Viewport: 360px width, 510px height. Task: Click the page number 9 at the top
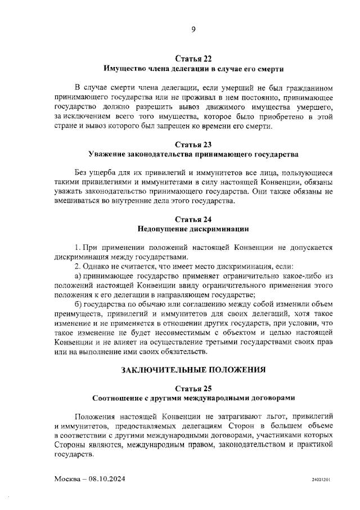pos(193,30)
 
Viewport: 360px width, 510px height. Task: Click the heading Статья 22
pos(193,59)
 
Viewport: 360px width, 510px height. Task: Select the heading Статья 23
pos(193,144)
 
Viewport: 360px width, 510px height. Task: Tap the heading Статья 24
pos(193,220)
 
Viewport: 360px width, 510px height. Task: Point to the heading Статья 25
pos(193,388)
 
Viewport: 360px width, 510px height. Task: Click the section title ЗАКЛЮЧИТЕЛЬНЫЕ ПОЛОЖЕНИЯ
pos(193,370)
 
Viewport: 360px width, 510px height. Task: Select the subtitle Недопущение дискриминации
pos(193,229)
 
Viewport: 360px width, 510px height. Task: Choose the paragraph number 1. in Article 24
pos(78,247)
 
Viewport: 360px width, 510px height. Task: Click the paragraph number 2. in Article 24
pos(78,266)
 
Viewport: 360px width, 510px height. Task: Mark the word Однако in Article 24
pos(96,266)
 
